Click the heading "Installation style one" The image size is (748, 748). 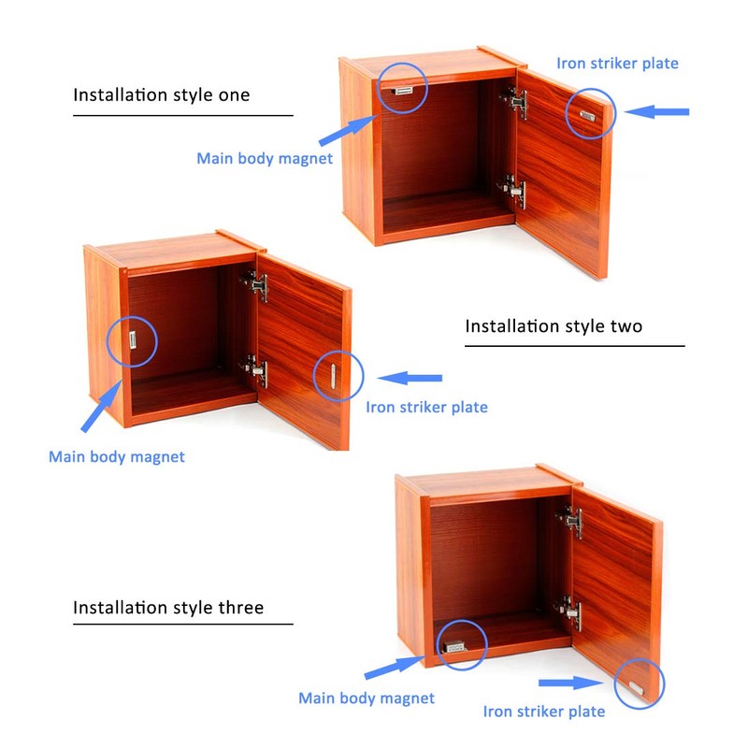tap(162, 94)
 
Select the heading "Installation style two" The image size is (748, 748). tap(554, 326)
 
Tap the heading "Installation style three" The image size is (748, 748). tap(168, 608)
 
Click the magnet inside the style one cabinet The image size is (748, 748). tap(403, 90)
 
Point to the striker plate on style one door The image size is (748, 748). tap(587, 116)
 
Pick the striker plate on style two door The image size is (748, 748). tap(333, 377)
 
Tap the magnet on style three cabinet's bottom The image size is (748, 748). tap(455, 644)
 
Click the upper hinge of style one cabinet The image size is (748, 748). tap(515, 103)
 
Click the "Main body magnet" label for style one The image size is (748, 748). tap(265, 158)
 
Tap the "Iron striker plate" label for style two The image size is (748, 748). tap(426, 407)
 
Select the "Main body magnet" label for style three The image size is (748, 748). tap(367, 698)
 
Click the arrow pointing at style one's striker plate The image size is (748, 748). tap(657, 112)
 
